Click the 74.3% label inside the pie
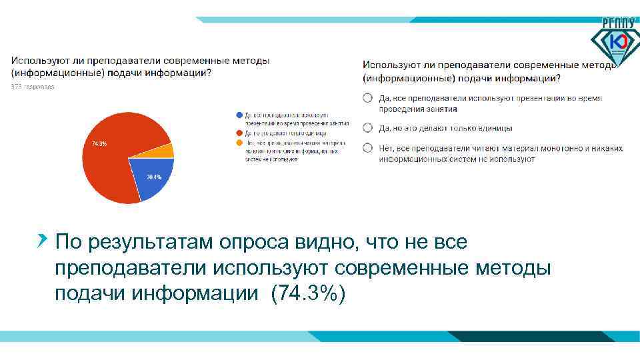(99, 144)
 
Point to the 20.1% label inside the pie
(153, 177)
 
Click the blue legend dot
(239, 115)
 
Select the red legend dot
(239, 133)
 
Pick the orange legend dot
(239, 142)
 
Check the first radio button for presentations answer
(367, 98)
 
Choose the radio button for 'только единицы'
(367, 127)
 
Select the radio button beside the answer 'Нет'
(367, 147)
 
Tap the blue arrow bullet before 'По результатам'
(43, 239)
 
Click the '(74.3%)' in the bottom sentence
(308, 293)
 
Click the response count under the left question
(32, 87)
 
